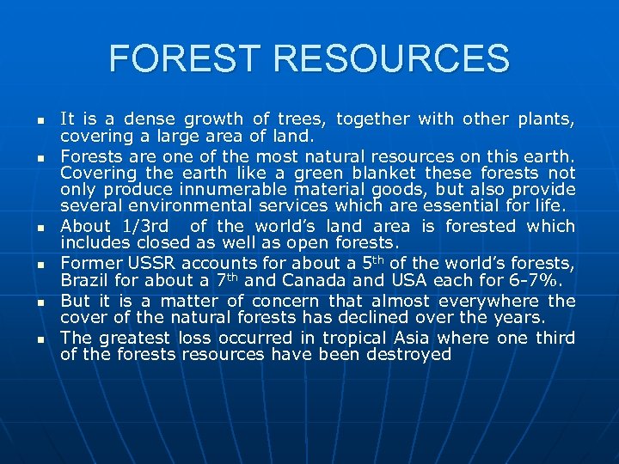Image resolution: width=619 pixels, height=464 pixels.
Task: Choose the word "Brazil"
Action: [x=85, y=280]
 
